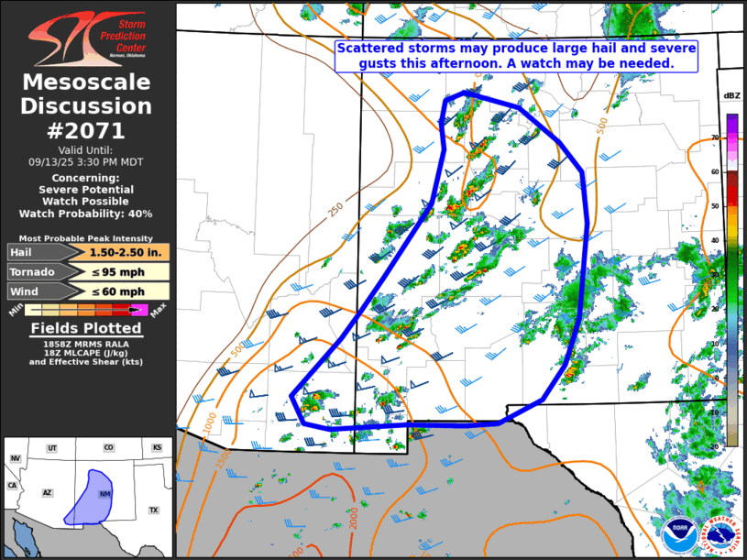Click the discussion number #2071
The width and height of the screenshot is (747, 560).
[86, 130]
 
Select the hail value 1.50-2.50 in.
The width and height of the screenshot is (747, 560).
[127, 252]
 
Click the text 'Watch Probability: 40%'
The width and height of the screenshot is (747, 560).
[86, 214]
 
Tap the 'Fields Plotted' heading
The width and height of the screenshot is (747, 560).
[86, 328]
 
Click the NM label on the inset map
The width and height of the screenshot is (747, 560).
[104, 495]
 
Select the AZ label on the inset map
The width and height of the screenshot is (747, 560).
[47, 492]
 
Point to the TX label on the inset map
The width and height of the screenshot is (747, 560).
[153, 510]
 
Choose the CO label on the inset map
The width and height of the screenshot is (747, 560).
[108, 448]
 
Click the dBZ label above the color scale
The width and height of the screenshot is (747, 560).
[731, 96]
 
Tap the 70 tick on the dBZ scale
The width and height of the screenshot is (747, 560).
[715, 137]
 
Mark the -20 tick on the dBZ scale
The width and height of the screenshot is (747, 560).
[714, 446]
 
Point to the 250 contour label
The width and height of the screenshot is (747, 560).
[335, 209]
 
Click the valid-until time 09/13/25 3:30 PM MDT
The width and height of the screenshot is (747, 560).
[86, 160]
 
